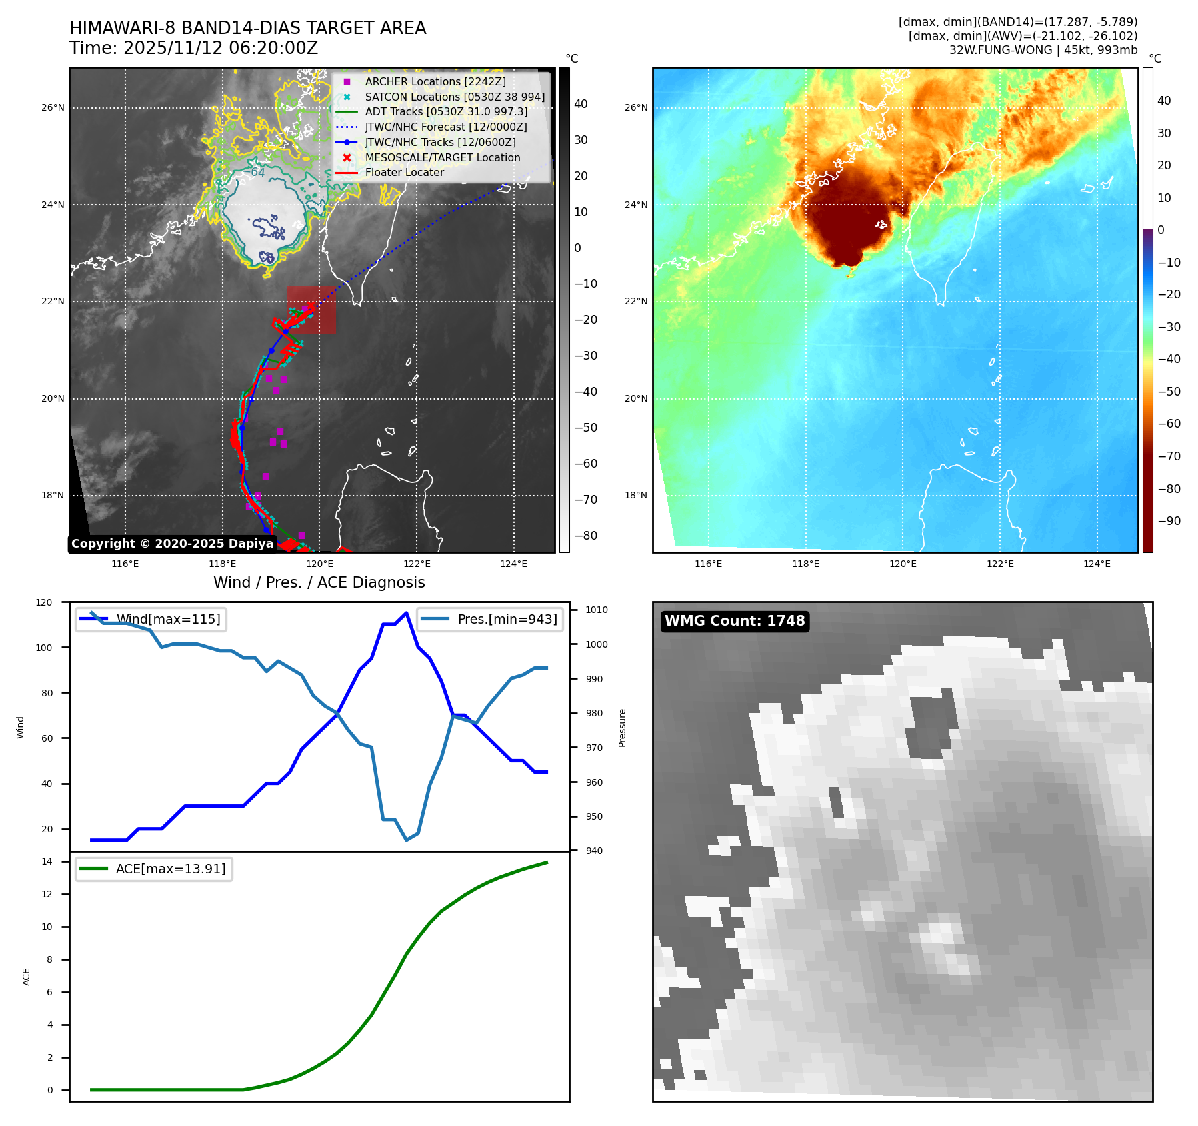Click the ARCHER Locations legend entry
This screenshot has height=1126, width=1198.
coord(435,81)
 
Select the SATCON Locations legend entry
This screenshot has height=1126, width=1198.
coord(455,97)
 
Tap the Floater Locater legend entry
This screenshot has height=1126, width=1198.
coord(404,172)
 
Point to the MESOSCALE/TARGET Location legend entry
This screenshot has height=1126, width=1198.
coord(442,157)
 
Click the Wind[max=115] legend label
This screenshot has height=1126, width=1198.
coord(168,619)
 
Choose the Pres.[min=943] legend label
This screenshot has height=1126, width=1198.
coord(507,619)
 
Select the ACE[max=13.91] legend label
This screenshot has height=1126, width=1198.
coord(171,869)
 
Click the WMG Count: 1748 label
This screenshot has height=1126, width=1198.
coord(735,621)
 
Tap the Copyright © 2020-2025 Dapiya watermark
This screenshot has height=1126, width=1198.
coord(172,544)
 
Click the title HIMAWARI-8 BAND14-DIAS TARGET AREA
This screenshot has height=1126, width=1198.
coord(247,28)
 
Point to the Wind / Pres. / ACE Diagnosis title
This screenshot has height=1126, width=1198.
coord(319,582)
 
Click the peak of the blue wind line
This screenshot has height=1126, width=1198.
coord(407,612)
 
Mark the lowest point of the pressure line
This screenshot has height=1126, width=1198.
coord(407,840)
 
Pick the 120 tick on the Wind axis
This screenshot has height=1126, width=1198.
coord(44,602)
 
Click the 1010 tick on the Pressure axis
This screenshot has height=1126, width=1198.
coord(597,610)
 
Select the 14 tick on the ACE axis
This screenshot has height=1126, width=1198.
coord(47,861)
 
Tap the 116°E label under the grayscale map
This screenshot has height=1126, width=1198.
coord(125,564)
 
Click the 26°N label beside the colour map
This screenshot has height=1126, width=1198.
coord(635,107)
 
